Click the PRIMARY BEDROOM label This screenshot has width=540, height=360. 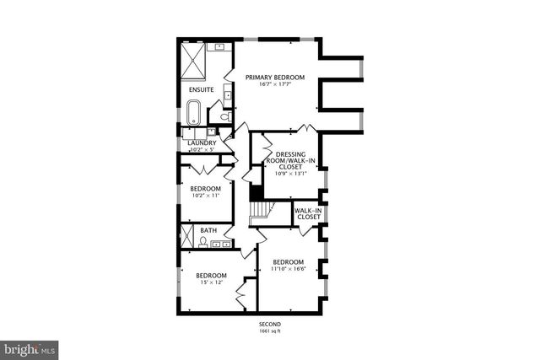(x=274, y=78)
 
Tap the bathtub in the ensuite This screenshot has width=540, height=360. (x=193, y=112)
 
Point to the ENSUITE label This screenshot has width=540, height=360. (x=200, y=89)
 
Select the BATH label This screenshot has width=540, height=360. (x=208, y=230)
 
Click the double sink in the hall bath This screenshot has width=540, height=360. (x=221, y=245)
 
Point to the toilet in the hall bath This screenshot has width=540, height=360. (x=204, y=243)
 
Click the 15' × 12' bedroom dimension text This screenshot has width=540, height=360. (x=211, y=282)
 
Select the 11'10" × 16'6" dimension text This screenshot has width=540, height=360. (x=289, y=269)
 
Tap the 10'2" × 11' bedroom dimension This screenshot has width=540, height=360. (x=205, y=195)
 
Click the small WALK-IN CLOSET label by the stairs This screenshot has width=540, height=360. (x=308, y=213)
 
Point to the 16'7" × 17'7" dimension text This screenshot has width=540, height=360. (x=274, y=84)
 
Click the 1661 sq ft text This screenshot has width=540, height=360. (x=270, y=331)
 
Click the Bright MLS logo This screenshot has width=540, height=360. (x=30, y=347)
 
